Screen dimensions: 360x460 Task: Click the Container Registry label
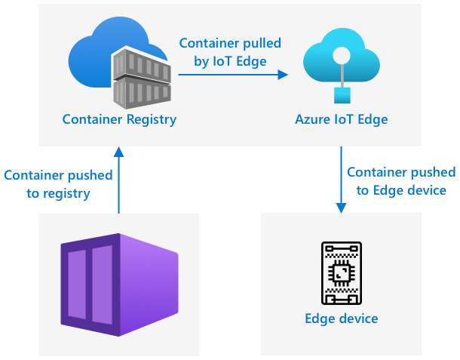click(119, 119)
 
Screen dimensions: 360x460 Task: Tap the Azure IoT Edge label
click(341, 119)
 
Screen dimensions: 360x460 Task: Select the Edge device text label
click(341, 318)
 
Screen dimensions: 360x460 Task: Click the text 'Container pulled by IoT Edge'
click(230, 53)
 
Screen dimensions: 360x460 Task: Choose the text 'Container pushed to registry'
click(58, 184)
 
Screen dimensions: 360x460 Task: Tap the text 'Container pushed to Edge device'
click(401, 181)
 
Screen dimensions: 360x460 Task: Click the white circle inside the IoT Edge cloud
click(342, 55)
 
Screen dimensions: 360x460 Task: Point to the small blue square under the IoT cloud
click(342, 94)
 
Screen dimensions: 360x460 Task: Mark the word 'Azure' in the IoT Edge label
click(309, 119)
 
